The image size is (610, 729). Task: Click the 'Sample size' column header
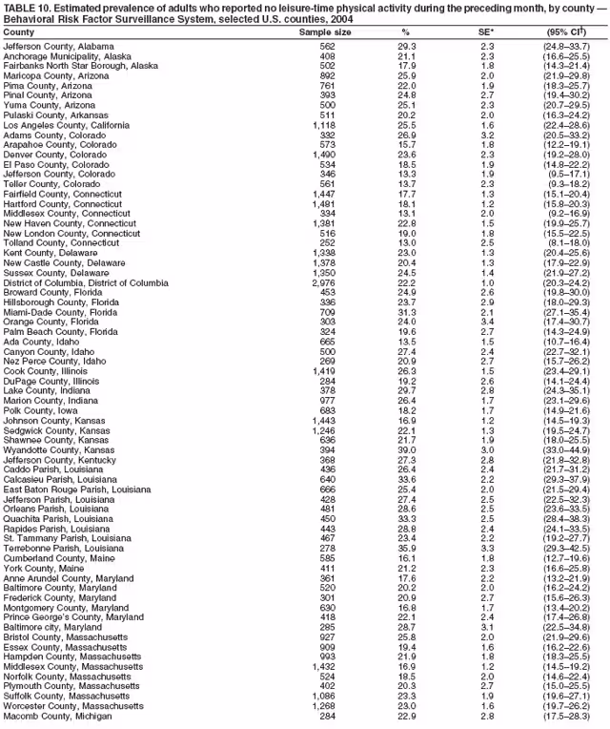325,32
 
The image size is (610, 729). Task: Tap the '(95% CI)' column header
567,32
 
